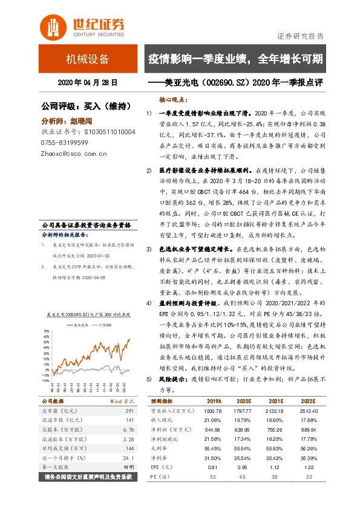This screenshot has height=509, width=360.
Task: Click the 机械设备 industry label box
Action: point(88,59)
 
